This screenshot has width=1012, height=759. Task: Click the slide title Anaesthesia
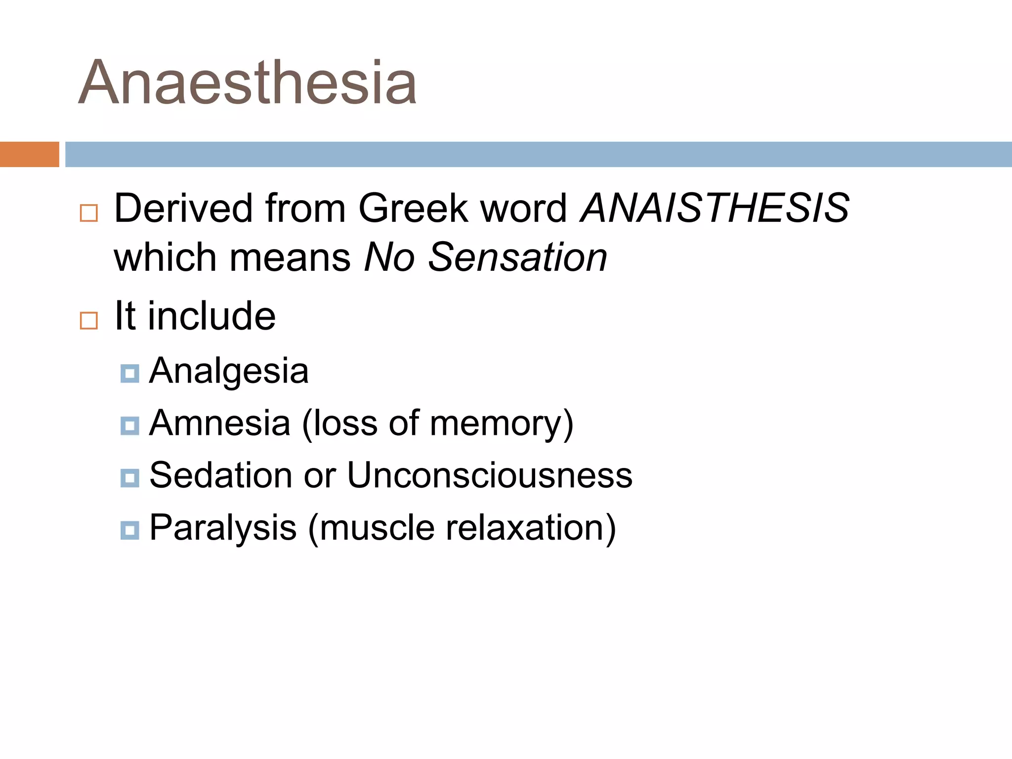tap(248, 83)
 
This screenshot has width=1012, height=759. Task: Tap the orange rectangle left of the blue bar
tap(29, 154)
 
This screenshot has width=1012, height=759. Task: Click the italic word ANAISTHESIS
tap(715, 208)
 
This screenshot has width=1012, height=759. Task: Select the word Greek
tap(413, 208)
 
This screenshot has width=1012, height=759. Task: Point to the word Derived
tap(183, 208)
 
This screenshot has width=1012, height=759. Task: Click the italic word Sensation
tap(517, 257)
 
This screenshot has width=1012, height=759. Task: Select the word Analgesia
tap(229, 371)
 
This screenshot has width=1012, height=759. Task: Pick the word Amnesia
tap(220, 423)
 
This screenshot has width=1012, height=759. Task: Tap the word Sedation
tap(221, 475)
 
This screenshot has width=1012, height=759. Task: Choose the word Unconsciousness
tap(490, 475)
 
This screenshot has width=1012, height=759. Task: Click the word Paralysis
tap(223, 528)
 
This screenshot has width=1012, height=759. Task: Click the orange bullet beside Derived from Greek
tap(89, 213)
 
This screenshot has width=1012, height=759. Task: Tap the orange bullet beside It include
tap(89, 321)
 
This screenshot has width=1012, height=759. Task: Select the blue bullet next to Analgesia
tap(129, 374)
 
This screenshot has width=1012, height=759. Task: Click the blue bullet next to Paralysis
tap(129, 530)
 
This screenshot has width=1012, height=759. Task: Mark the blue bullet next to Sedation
tap(129, 478)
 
